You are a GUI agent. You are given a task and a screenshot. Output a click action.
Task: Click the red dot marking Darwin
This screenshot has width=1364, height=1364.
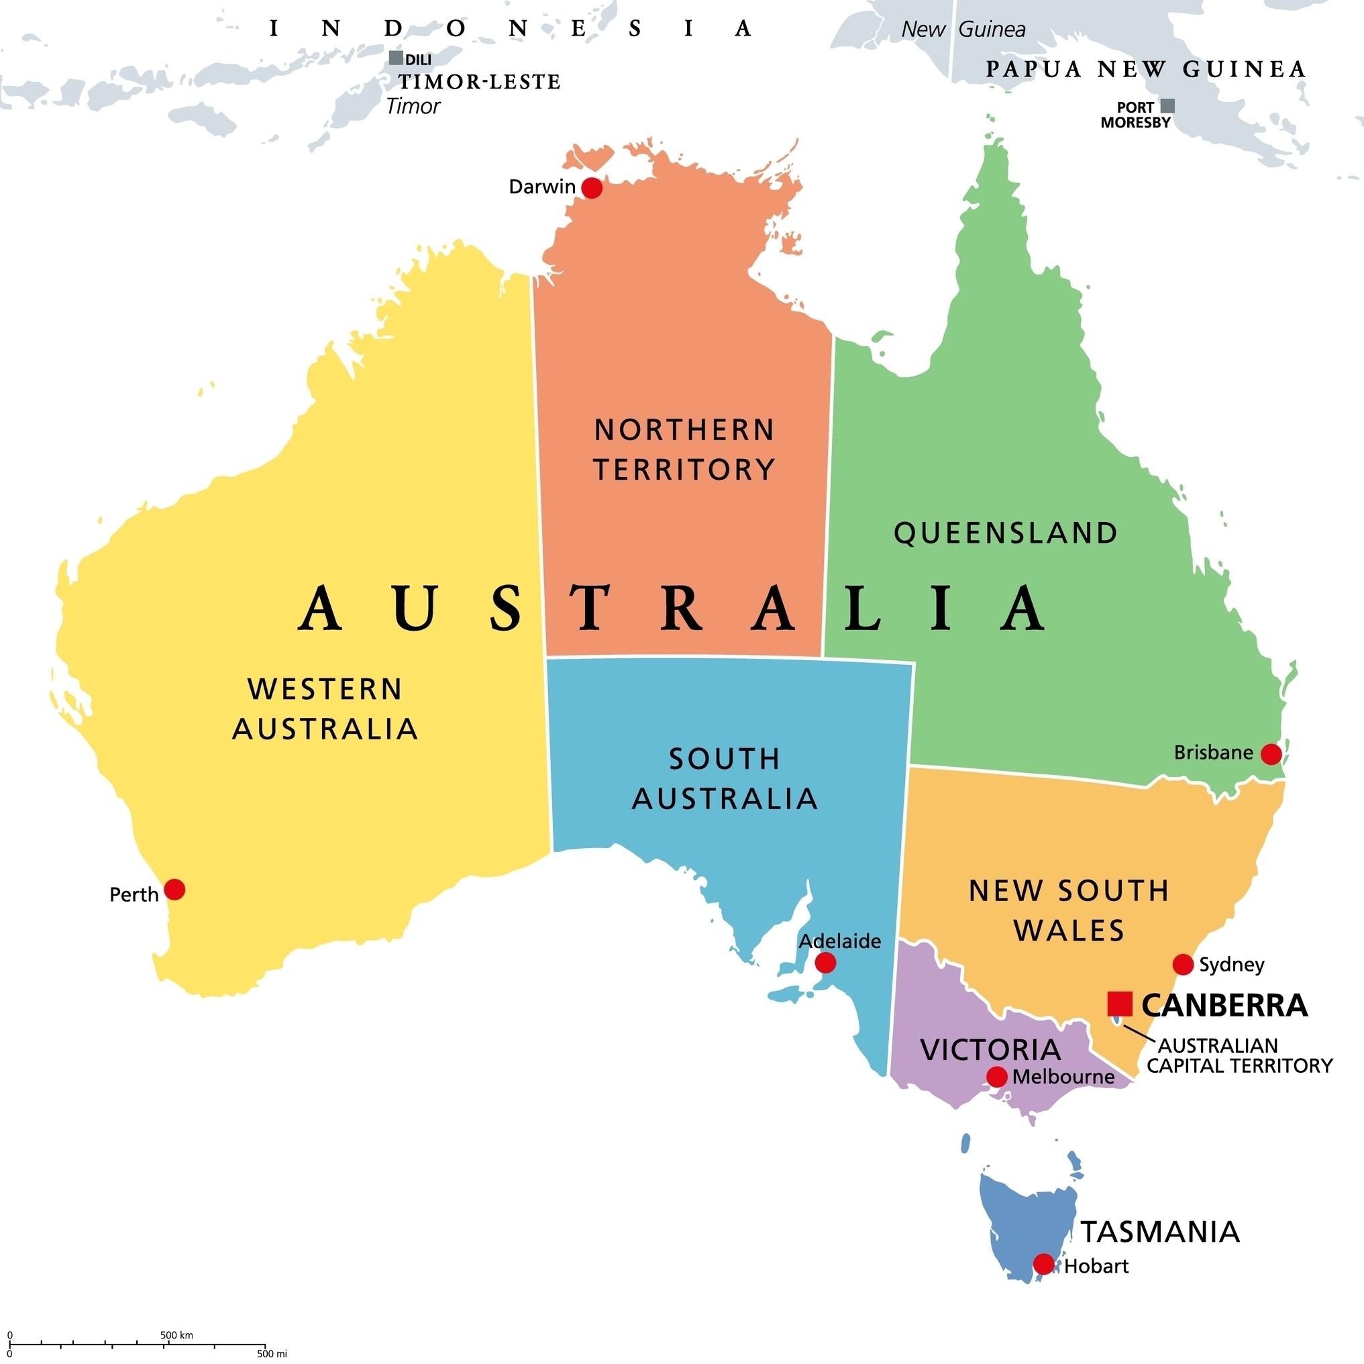(x=592, y=188)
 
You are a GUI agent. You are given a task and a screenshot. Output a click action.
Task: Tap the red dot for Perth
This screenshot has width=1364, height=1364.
(x=174, y=890)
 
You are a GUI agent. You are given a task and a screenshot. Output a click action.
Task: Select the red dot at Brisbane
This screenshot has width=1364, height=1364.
(x=1271, y=754)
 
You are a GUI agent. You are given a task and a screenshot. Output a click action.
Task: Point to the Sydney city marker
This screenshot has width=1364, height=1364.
(x=1184, y=964)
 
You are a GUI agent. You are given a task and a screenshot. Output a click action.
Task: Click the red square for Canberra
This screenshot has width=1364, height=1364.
(x=1120, y=1003)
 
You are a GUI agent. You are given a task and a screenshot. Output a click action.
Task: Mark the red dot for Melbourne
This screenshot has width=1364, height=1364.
(x=996, y=1077)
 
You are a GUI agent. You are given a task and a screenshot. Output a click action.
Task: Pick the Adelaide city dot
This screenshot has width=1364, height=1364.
(x=825, y=962)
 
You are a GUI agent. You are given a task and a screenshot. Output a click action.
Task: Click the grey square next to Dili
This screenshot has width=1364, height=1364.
(x=396, y=58)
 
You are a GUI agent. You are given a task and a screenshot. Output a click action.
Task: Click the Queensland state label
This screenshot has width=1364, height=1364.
(x=1006, y=533)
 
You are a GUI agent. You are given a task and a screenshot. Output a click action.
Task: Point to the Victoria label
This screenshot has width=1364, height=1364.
(x=990, y=1050)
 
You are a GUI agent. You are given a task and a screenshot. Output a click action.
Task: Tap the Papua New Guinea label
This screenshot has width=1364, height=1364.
(x=1146, y=69)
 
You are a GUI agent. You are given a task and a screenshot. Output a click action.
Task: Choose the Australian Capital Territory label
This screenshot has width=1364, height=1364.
(x=1240, y=1055)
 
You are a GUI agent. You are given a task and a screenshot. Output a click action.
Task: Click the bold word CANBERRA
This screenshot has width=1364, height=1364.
(x=1225, y=1005)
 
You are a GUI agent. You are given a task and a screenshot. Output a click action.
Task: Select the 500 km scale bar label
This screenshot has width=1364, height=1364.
(x=176, y=1335)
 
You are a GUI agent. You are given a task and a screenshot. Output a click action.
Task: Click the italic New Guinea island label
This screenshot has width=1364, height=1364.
(x=963, y=30)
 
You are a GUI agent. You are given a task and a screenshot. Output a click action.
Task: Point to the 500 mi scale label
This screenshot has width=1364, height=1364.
(x=272, y=1354)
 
